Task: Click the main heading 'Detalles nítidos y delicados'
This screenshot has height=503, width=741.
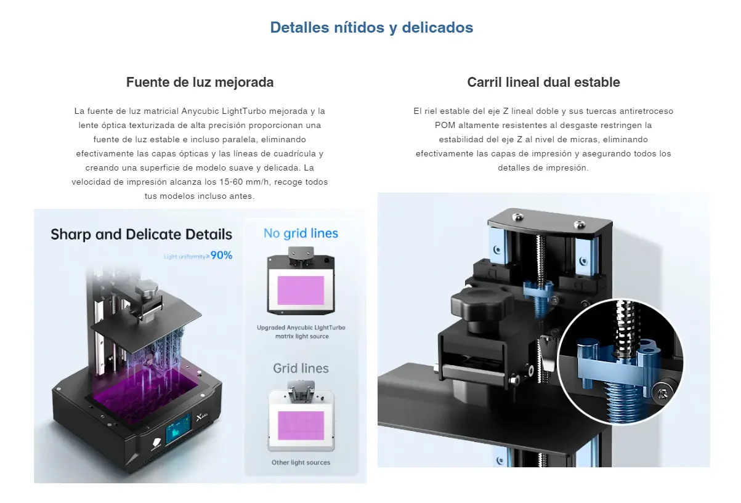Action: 371,28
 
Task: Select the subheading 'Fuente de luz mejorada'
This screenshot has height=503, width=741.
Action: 200,82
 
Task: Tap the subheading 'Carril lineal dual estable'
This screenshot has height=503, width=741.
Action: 543,82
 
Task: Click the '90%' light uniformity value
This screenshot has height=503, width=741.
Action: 221,256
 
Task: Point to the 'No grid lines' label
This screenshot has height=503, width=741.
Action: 301,233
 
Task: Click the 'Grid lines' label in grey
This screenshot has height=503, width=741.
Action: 301,368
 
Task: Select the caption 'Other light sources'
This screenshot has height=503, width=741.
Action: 301,462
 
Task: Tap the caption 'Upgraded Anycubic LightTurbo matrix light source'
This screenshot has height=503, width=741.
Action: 301,332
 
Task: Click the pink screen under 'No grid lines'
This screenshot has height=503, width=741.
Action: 301,290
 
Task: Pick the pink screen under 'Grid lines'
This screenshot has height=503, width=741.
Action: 301,425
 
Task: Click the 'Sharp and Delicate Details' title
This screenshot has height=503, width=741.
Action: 141,235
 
